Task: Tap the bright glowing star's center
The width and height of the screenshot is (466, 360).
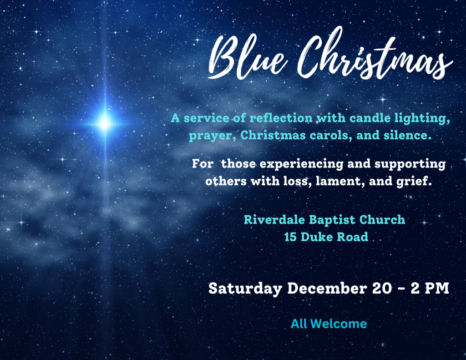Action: (x=105, y=123)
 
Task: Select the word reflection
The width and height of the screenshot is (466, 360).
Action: (x=281, y=118)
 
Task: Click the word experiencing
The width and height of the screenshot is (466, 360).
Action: (x=302, y=164)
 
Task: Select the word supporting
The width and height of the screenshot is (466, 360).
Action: (x=410, y=164)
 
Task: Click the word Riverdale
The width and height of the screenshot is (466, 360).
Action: (x=274, y=220)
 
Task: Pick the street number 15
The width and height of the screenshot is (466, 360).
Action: (x=290, y=237)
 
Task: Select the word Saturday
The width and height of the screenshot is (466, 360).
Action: (x=245, y=289)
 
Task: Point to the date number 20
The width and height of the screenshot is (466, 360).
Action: (x=382, y=289)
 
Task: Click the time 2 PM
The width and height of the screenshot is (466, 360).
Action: (x=430, y=289)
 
